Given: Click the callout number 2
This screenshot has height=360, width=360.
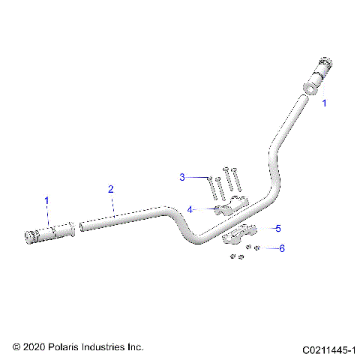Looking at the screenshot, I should click(111, 189).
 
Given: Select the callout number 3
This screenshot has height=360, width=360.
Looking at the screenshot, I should click(181, 177).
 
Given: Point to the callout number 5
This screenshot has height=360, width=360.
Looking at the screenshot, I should click(277, 227).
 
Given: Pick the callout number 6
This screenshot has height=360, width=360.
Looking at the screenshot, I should click(282, 248).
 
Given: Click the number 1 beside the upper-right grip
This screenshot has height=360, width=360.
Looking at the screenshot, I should click(325, 104).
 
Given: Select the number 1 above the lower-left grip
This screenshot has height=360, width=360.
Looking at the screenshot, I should click(46, 201).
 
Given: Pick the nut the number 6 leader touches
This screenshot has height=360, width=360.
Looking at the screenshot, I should click(257, 248).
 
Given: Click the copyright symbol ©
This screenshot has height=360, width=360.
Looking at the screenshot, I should click(15, 347).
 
